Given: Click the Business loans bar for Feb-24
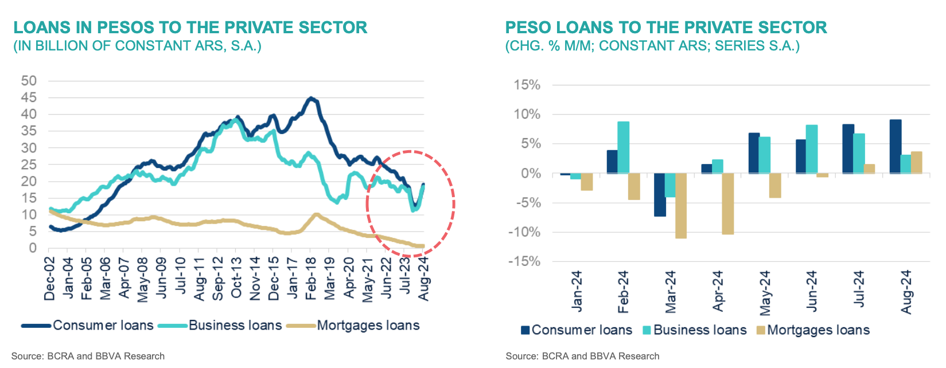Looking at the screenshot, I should tap(623, 147).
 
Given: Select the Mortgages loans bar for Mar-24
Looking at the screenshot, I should tap(681, 205).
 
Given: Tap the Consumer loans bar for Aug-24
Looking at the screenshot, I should tap(895, 146).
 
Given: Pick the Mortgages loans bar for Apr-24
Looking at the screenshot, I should tap(728, 203).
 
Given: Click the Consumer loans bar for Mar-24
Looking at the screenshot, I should tap(660, 194).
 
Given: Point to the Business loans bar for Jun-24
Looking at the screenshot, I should tap(812, 149).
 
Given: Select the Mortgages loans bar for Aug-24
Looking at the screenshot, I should tap(916, 162).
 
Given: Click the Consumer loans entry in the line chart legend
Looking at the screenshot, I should tap(103, 326).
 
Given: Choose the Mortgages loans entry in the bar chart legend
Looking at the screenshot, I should tap(818, 330).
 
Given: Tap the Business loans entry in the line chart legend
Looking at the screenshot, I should tap(235, 326).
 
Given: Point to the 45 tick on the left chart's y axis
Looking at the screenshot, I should tap(29, 97).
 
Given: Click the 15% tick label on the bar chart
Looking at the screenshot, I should tap(527, 85).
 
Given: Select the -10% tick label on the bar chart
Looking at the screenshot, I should tap(524, 232).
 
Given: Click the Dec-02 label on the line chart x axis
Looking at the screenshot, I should tap(50, 279).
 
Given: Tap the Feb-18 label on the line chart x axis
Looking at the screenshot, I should tap(310, 279).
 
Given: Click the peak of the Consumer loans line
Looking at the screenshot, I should tap(310, 99).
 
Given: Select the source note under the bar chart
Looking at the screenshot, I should tap(582, 356).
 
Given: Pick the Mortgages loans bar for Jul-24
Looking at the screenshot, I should tap(869, 169).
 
